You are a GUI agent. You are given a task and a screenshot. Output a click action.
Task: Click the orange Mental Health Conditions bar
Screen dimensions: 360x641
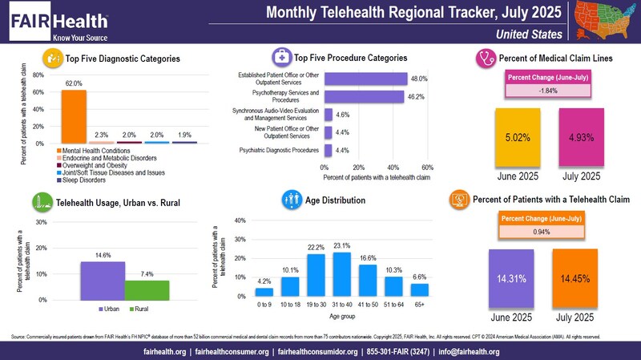(74, 116)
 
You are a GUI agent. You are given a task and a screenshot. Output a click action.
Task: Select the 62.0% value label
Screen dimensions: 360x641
(74, 83)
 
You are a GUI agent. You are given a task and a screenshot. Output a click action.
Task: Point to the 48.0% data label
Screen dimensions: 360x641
(419, 79)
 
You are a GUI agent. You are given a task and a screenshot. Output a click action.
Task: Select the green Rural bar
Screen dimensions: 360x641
(146, 289)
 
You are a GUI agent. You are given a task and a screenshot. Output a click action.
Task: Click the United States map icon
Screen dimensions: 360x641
(603, 21)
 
